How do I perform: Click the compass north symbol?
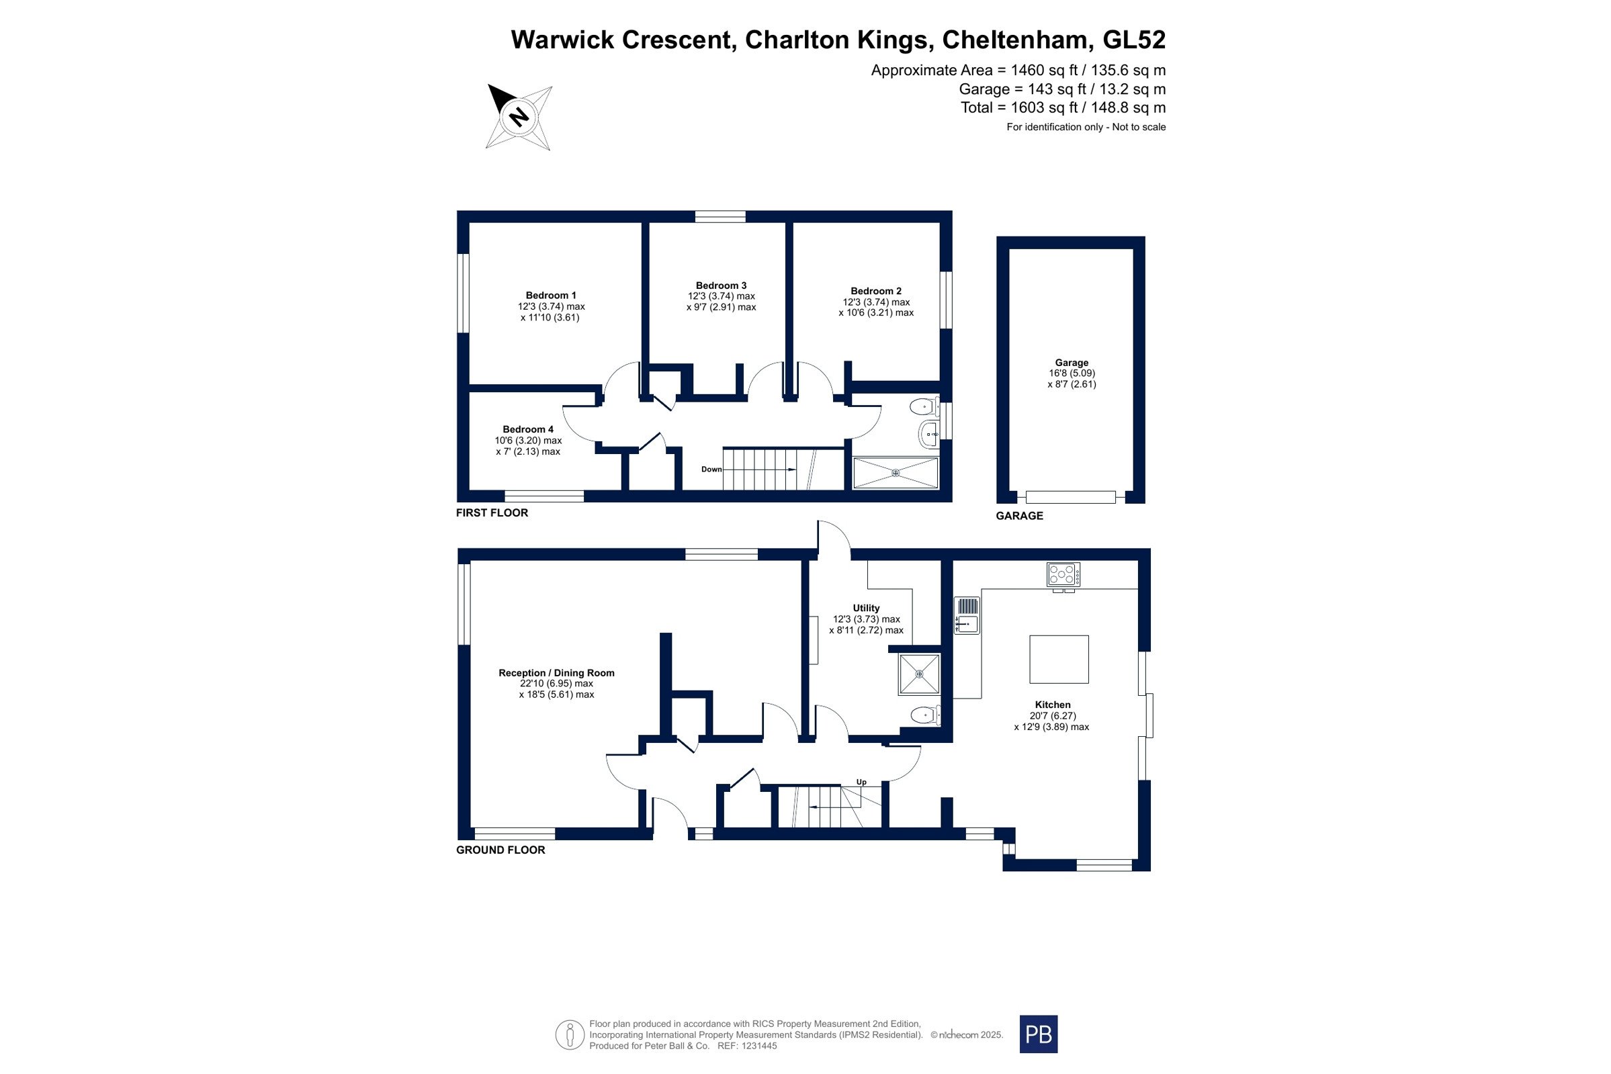(x=519, y=117)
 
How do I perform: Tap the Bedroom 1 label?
(x=551, y=296)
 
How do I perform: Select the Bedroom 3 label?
(x=722, y=285)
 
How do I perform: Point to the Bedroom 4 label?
(x=528, y=429)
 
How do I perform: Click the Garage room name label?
(x=1072, y=363)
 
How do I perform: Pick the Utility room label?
(x=866, y=609)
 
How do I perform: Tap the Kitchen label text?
(x=1053, y=705)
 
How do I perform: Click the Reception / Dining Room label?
(x=556, y=673)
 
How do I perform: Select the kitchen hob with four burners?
(x=1063, y=574)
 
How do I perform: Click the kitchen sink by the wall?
(x=967, y=615)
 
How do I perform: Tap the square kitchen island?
(x=1059, y=660)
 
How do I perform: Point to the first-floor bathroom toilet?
(x=924, y=407)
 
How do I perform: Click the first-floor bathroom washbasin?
(x=928, y=435)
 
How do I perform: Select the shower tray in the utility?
(x=919, y=674)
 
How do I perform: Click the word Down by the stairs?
(x=711, y=469)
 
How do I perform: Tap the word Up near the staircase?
(x=862, y=782)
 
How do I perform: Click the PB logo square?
(x=1039, y=1034)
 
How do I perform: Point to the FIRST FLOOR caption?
(x=492, y=513)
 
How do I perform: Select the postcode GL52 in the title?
(x=1133, y=40)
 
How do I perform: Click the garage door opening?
(x=1071, y=497)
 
